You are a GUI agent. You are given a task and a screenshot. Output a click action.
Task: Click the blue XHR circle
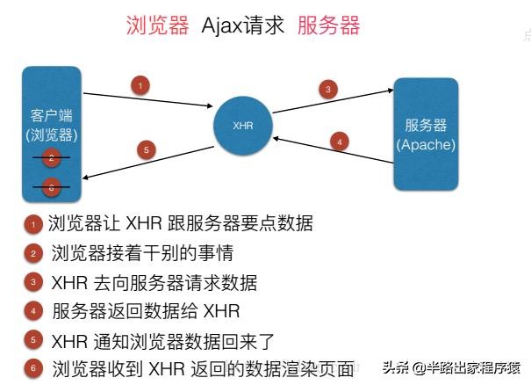(243, 125)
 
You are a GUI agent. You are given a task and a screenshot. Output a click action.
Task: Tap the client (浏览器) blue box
(52, 132)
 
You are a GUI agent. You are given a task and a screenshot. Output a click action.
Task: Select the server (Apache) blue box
(427, 134)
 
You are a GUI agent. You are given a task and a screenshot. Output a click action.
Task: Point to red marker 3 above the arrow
(327, 88)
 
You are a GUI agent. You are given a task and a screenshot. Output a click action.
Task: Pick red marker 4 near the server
(340, 139)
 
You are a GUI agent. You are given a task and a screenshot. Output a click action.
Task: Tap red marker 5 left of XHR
(147, 149)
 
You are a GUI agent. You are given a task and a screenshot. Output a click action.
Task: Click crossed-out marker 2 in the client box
(52, 159)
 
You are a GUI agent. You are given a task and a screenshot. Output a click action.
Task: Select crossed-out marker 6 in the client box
(52, 187)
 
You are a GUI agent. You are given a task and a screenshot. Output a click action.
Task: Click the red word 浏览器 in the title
(158, 25)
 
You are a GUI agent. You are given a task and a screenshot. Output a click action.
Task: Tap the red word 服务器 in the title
(328, 25)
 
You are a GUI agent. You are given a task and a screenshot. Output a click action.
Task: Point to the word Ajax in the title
(223, 25)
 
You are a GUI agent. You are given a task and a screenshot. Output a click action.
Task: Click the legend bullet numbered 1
(32, 225)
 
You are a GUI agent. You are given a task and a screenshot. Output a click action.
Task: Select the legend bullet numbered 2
(32, 254)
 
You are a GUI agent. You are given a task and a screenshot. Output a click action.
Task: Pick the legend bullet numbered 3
(32, 283)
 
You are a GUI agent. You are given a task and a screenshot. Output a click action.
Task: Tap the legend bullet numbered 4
(32, 311)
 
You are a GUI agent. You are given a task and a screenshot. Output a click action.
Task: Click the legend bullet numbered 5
(32, 340)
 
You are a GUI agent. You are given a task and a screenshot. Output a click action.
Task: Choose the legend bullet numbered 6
(32, 368)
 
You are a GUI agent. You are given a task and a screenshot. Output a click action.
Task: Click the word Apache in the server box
(427, 143)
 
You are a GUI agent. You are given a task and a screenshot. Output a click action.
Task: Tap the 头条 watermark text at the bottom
(395, 367)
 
